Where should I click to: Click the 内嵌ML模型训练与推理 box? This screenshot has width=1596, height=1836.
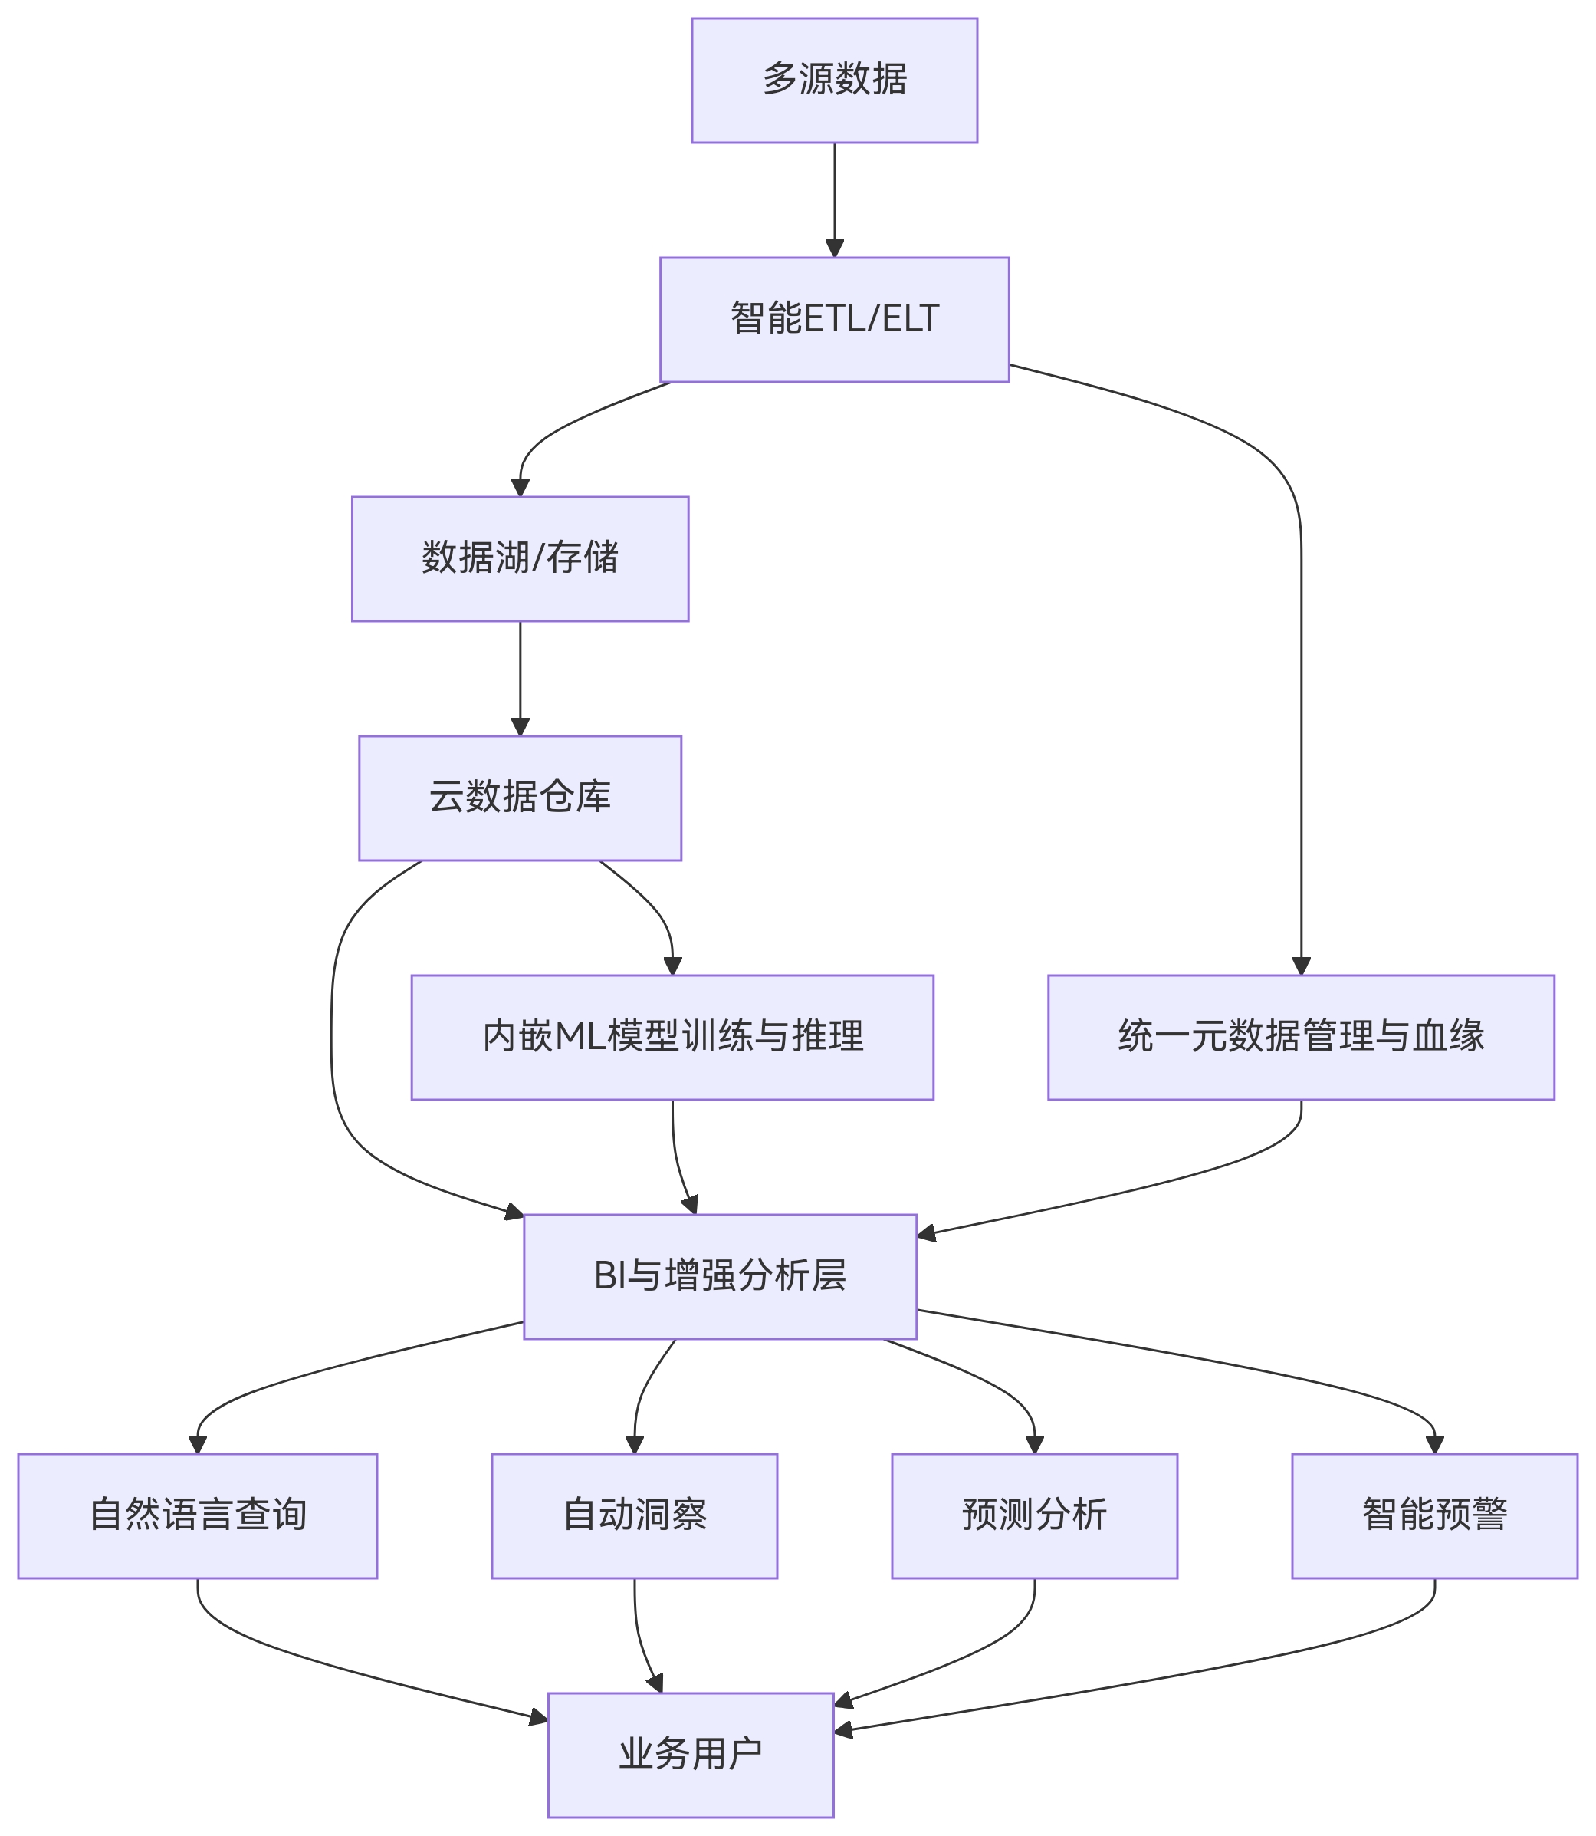(672, 1037)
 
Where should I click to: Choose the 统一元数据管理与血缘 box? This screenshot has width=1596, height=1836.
(1300, 1037)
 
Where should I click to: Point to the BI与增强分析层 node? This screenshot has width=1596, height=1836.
(720, 1275)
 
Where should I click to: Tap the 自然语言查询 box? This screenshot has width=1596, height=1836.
(197, 1515)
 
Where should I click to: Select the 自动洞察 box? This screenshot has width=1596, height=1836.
(634, 1515)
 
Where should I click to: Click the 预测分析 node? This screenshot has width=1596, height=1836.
(1034, 1515)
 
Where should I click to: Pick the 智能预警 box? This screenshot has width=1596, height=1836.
(1434, 1515)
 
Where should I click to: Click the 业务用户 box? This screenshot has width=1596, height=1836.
(690, 1754)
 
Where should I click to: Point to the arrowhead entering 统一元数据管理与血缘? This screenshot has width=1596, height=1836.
(1300, 966)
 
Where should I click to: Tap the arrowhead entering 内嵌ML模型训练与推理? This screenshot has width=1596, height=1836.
(672, 966)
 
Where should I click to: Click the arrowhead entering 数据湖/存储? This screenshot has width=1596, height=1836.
(521, 487)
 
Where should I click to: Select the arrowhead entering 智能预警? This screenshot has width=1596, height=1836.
(1434, 1444)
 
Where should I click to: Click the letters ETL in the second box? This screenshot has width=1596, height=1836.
(836, 319)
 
